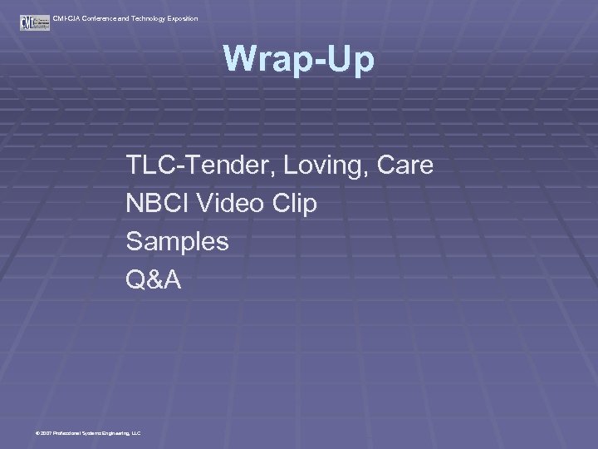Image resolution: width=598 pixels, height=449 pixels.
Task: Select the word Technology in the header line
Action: point(143,18)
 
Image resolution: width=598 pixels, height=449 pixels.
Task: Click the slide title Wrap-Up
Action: point(299,59)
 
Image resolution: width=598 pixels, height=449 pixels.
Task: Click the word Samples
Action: point(177,242)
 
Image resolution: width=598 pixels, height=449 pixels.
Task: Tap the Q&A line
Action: point(153,280)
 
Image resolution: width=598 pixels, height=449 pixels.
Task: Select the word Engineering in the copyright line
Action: point(113,433)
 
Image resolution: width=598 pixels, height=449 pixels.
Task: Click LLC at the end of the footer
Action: point(136,433)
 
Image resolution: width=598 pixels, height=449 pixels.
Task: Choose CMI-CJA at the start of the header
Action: point(64,18)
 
